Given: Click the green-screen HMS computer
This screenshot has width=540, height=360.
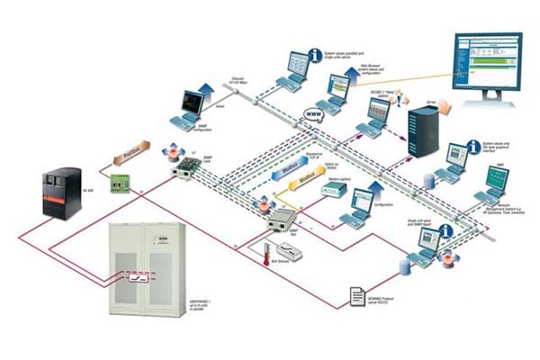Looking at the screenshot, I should coord(496,180).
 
